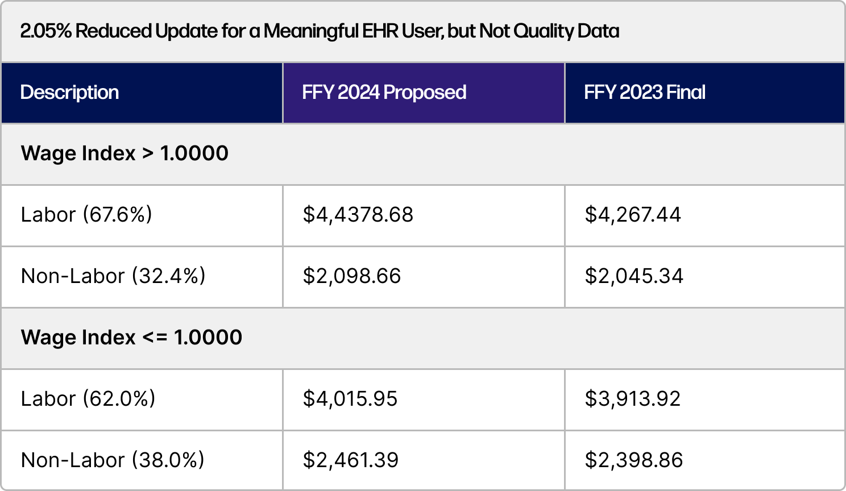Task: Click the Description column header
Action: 69,93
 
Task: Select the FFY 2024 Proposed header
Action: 384,93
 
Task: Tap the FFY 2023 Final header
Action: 644,93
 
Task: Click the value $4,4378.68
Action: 358,215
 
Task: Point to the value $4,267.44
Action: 632,215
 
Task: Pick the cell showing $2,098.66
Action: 351,276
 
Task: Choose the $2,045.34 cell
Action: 633,276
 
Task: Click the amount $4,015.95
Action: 350,399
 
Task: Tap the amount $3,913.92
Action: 632,399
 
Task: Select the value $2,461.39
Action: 350,460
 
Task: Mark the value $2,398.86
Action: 633,460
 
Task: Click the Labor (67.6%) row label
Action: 86,215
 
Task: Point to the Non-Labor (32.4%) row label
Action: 113,276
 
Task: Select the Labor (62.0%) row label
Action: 88,399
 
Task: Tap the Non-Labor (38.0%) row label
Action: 113,460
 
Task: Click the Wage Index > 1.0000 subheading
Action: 125,153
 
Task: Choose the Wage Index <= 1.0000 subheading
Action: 131,338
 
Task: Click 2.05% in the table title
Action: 45,31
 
